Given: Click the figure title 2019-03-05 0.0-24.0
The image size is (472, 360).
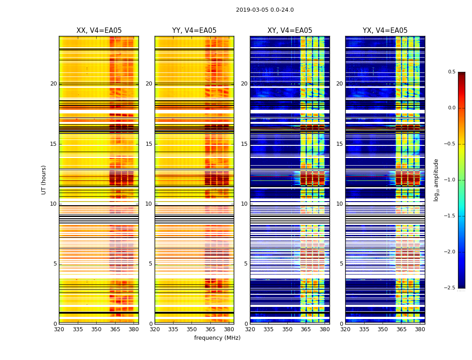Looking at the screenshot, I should tap(265, 10).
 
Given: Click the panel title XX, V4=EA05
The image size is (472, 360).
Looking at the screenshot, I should tap(99, 31).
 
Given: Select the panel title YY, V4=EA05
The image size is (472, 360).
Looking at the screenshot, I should tap(194, 31).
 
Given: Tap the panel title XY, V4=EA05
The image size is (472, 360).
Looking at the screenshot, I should tap(290, 31).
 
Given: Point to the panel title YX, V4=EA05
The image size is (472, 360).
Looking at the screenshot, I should tap(385, 31).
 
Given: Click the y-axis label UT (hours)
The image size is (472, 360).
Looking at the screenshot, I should tap(44, 180).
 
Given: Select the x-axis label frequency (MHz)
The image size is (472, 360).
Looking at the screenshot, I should tap(217, 338).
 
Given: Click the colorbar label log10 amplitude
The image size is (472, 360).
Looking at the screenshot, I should tap(436, 180).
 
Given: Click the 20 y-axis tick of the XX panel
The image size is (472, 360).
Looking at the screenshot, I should tap(53, 84).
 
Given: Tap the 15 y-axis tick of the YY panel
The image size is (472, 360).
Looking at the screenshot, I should tap(149, 144).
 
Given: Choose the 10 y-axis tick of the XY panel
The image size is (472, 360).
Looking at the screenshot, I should tap(244, 204).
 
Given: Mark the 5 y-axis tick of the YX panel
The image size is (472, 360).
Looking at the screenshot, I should tap(341, 264).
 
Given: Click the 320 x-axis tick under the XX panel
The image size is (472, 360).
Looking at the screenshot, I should tap(59, 329).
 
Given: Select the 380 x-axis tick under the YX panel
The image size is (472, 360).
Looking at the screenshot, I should tap(420, 329).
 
